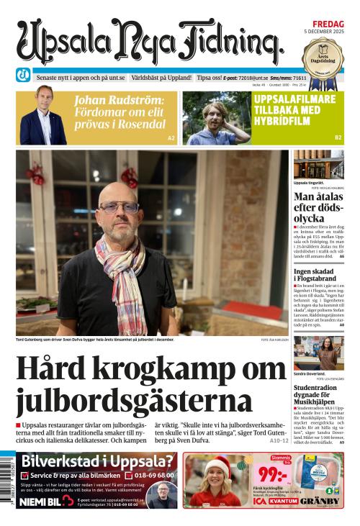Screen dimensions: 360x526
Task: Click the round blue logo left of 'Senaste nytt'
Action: point(24,76)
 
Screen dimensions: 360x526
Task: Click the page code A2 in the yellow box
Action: point(171,137)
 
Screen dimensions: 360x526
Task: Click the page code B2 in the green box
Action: point(338,137)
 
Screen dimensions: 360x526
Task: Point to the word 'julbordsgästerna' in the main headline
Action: point(134,402)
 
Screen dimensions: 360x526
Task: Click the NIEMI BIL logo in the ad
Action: point(45,500)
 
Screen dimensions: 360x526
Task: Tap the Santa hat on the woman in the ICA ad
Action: point(216,464)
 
